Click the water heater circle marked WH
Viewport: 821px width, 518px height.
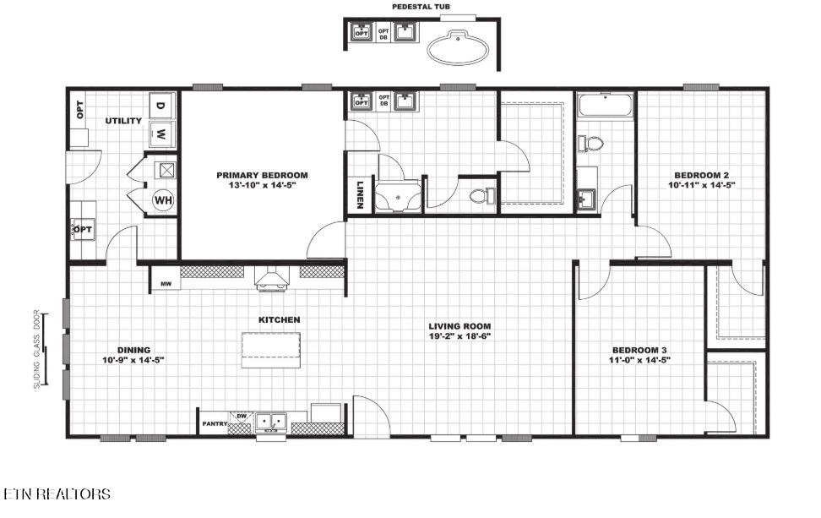click(x=163, y=199)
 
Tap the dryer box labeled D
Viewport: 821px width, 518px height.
click(x=160, y=106)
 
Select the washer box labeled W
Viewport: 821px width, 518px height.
click(x=160, y=134)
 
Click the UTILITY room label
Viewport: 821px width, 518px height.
click(x=123, y=121)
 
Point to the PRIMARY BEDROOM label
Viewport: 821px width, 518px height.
click(x=263, y=175)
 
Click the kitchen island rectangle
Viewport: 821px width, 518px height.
click(x=270, y=351)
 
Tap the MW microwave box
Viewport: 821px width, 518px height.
click(x=166, y=283)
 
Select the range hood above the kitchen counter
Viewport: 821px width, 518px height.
click(x=272, y=278)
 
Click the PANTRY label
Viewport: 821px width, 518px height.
click(x=215, y=423)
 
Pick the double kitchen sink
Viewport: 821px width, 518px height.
click(x=271, y=422)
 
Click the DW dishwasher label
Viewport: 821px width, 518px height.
click(x=242, y=416)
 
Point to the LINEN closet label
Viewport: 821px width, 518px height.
click(x=360, y=195)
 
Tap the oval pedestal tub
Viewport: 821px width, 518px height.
click(x=458, y=48)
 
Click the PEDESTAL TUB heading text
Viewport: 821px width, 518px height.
click(x=421, y=7)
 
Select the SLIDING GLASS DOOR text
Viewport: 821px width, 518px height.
click(x=36, y=349)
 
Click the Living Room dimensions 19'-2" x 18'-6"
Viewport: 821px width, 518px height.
click(x=459, y=335)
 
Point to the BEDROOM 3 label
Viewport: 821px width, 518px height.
click(x=639, y=350)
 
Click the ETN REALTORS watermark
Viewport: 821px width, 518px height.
click(x=57, y=493)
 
